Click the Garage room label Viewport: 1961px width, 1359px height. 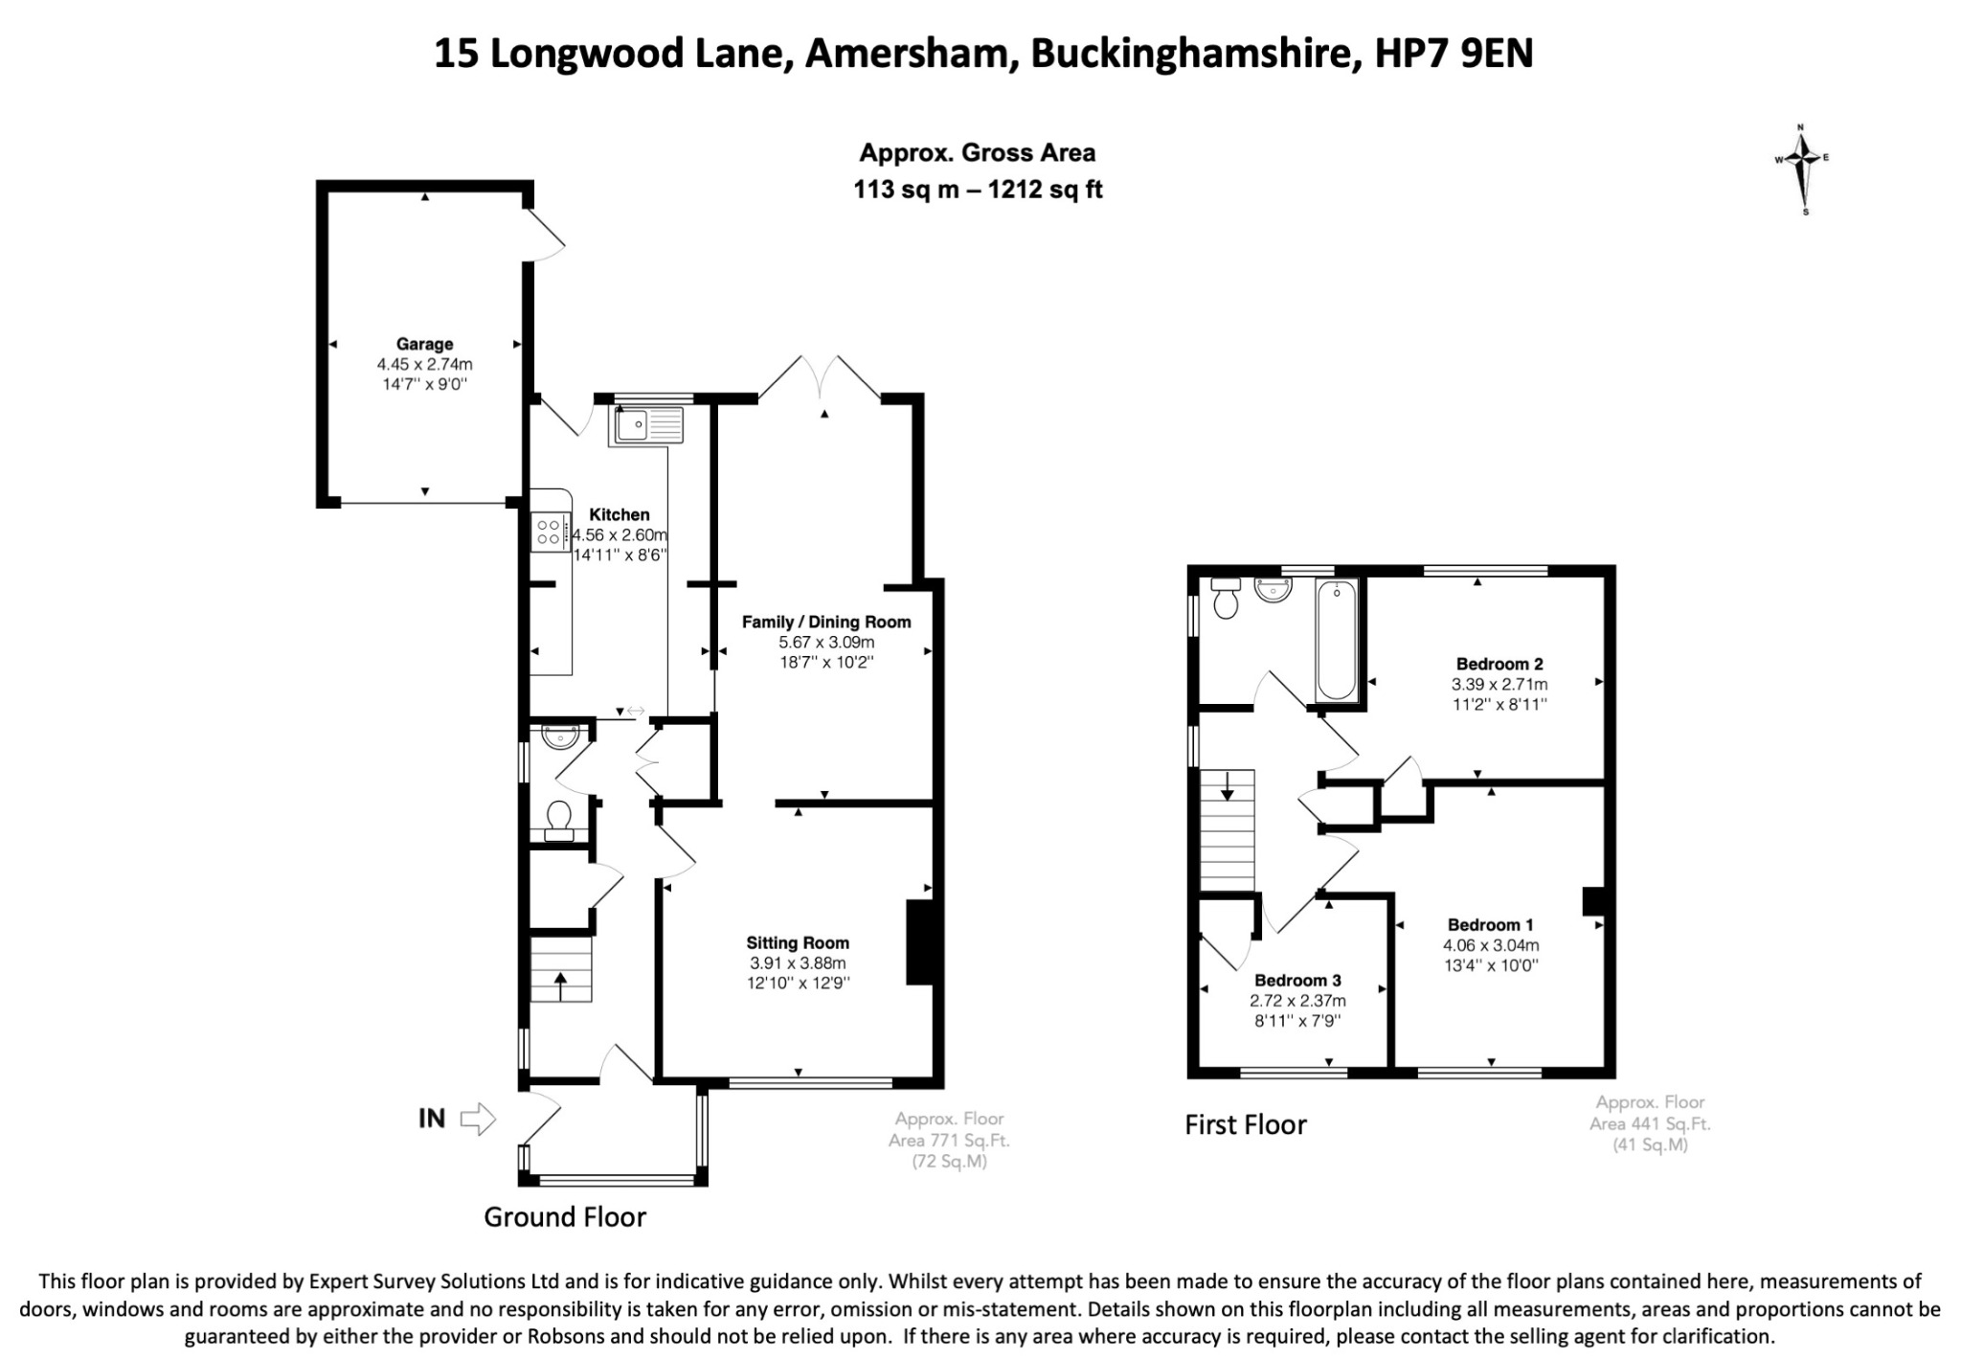[x=425, y=344]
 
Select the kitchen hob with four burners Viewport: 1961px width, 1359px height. [x=550, y=533]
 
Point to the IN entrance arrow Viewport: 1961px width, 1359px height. [x=478, y=1118]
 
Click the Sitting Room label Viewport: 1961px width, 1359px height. [x=798, y=942]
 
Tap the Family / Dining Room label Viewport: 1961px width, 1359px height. [x=826, y=622]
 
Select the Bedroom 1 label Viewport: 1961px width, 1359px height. [x=1491, y=924]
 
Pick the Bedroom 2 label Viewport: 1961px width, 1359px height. [x=1499, y=664]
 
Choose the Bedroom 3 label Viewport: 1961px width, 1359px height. [x=1297, y=980]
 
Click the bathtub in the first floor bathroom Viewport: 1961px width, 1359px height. [x=1337, y=640]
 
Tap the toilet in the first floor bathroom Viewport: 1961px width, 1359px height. [x=1226, y=598]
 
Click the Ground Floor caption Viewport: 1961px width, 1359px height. [x=565, y=1217]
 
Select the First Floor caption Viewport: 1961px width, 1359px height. [x=1246, y=1124]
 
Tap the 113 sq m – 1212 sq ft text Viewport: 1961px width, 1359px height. [x=978, y=190]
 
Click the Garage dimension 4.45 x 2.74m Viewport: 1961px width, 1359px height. [x=425, y=364]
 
